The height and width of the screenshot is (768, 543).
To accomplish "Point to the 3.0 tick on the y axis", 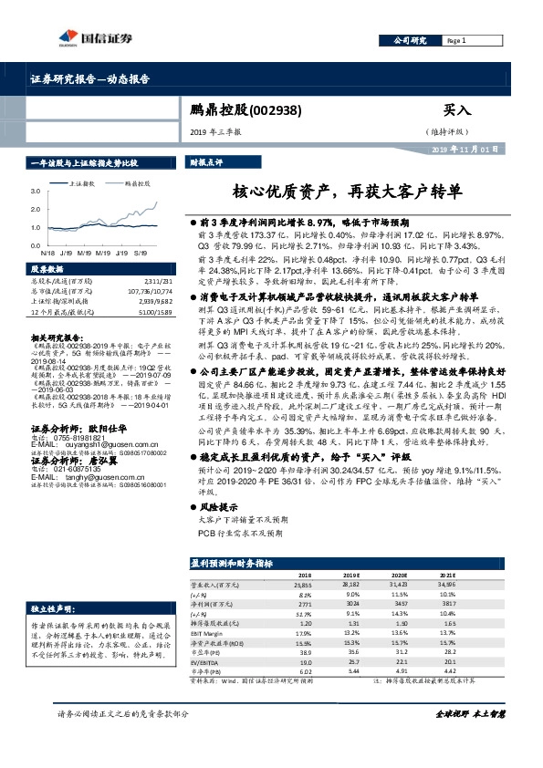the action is [35, 192].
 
